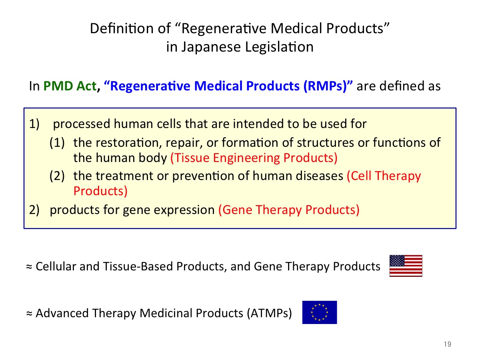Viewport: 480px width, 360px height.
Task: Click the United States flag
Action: (406, 266)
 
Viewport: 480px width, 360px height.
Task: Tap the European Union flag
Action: (320, 312)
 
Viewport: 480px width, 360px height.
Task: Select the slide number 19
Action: (448, 344)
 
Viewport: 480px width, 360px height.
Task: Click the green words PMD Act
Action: (70, 86)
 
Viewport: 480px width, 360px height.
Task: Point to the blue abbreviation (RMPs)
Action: (325, 86)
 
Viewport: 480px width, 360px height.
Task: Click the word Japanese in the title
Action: (211, 47)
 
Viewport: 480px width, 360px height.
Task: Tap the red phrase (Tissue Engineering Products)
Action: (254, 158)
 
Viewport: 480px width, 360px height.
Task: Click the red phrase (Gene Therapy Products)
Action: (289, 210)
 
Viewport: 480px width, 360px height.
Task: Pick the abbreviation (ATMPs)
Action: (269, 313)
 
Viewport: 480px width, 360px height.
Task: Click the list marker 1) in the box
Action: (34, 124)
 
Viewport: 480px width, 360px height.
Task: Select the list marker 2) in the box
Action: (34, 210)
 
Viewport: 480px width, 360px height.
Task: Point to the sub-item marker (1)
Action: (57, 143)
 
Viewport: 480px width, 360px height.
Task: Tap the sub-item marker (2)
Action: (57, 176)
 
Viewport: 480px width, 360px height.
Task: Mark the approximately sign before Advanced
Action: (29, 314)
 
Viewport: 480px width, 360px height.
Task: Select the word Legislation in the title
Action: (279, 47)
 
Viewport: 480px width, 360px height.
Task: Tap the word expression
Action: (184, 210)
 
